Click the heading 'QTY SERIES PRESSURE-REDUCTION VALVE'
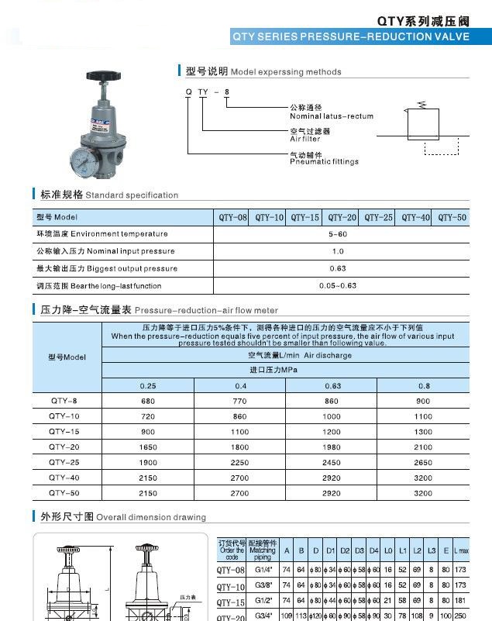pos(350,36)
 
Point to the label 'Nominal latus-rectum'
pos(331,116)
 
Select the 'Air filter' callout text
pos(304,139)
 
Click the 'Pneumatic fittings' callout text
pos(324,162)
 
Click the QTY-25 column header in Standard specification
pos(378,218)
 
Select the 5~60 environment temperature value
pos(338,234)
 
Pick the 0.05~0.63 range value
pos(338,286)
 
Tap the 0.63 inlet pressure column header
pos(332,385)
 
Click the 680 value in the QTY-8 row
pos(147,402)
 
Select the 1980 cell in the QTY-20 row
pos(332,447)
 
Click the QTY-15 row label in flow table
pos(64,431)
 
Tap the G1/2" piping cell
pos(263,602)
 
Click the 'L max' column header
pos(460,551)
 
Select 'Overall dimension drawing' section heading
pos(150,517)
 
